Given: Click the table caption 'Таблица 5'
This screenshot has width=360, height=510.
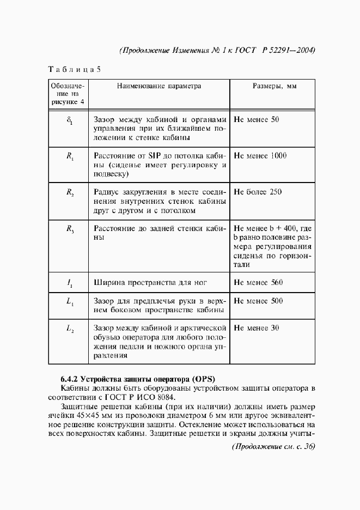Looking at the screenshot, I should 75,70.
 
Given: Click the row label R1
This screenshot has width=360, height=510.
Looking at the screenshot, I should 70,156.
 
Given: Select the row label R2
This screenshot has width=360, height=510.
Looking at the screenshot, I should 70,193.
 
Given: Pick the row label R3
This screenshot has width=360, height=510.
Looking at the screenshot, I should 70,229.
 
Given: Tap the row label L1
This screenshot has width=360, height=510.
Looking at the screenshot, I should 70,302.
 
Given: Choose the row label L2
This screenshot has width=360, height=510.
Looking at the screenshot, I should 70,330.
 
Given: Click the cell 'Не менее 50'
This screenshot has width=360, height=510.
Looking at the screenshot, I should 256,119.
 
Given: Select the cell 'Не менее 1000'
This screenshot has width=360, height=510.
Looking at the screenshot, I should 260,155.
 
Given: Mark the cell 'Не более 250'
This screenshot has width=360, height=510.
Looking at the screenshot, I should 258,192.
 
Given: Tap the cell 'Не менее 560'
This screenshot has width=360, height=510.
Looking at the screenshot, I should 258,282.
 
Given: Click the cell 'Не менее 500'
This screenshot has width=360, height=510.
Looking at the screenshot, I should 258,301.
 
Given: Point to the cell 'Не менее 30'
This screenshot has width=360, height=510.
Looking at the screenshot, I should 256,328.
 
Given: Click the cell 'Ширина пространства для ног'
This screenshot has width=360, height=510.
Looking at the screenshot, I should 150,282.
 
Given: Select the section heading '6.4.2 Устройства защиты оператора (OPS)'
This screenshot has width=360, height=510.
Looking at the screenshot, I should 138,378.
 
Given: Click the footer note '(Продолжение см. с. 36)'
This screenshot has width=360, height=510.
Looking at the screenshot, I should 273,446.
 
